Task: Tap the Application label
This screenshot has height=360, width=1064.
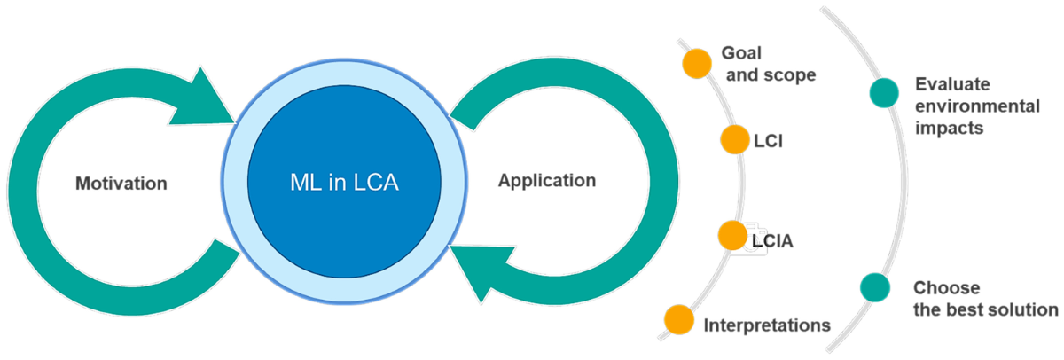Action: point(547,181)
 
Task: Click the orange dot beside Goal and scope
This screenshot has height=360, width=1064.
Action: point(697,63)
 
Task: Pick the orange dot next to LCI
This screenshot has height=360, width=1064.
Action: point(735,139)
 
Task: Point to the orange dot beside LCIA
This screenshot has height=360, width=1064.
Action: point(731,236)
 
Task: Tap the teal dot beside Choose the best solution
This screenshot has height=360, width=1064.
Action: point(876,286)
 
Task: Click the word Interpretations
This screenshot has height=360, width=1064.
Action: point(767,325)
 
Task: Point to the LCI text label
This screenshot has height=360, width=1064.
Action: point(768,141)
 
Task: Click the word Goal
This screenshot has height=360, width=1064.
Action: point(741,53)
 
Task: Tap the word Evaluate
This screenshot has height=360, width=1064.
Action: point(953,85)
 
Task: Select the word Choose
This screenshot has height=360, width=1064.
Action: point(947,288)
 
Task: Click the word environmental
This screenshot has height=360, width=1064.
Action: point(978,106)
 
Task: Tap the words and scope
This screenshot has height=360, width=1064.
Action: point(771,75)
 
